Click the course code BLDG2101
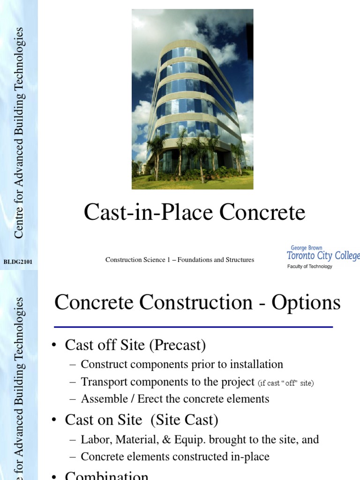18,261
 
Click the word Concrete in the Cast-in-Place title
262,213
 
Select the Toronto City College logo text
323,256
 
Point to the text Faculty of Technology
309,266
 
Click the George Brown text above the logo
307,248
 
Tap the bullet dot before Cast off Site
54,346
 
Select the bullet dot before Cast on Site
54,420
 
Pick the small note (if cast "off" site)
286,383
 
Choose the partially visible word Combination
106,476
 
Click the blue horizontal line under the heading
193,327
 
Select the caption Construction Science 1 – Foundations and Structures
180,260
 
